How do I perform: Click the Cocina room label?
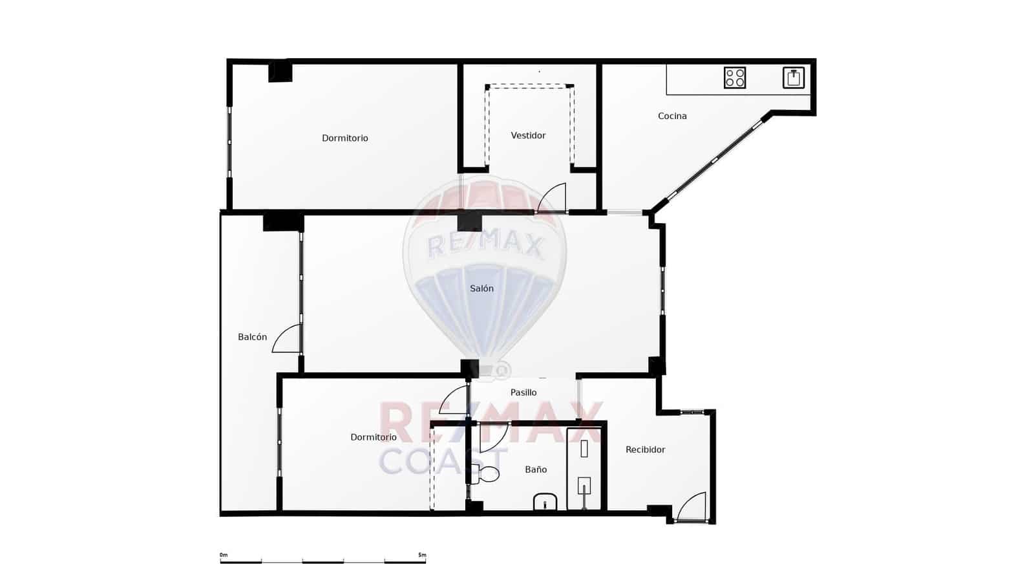pos(672,116)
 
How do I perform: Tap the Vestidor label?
pos(528,136)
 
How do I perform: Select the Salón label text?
pos(481,289)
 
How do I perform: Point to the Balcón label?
pos(252,337)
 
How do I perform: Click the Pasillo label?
pos(523,393)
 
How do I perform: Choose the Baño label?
pos(536,470)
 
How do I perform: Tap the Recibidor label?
pos(645,450)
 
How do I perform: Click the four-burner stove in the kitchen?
pos(735,78)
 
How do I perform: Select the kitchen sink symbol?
pos(794,78)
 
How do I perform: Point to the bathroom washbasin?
pos(545,502)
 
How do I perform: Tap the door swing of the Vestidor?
pos(553,198)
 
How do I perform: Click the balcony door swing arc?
pos(286,339)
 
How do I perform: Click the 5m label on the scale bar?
pos(422,555)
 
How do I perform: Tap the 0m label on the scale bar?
pos(224,555)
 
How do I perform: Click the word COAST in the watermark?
pos(443,460)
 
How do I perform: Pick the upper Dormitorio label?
pos(345,138)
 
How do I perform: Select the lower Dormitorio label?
pos(374,438)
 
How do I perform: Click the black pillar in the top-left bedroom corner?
pos(280,71)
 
